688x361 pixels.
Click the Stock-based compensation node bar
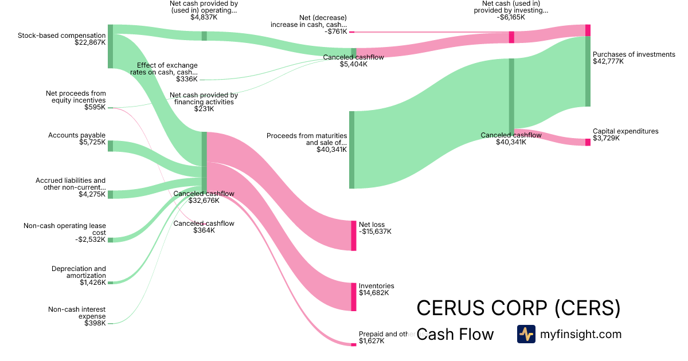tap(110, 46)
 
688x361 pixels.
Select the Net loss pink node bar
tap(354, 236)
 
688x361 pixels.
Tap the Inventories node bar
tap(354, 297)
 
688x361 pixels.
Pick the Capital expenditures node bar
tap(588, 142)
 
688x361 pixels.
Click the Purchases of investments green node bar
tap(588, 72)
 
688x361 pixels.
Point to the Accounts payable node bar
tap(110, 146)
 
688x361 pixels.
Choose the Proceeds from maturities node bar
tap(351, 150)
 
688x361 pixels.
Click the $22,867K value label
tap(90, 42)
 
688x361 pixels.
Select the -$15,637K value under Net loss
tap(375, 231)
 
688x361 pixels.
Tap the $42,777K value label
tap(608, 62)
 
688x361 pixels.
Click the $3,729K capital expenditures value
tap(607, 138)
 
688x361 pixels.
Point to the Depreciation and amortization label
tap(79, 272)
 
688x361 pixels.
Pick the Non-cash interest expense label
tap(77, 313)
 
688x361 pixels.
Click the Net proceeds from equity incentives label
tap(76, 96)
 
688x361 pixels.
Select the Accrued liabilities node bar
tap(110, 194)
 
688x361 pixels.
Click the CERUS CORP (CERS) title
tap(518, 308)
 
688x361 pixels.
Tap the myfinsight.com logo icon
tap(526, 334)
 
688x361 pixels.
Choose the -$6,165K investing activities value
tap(511, 17)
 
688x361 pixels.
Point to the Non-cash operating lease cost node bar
tap(110, 240)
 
